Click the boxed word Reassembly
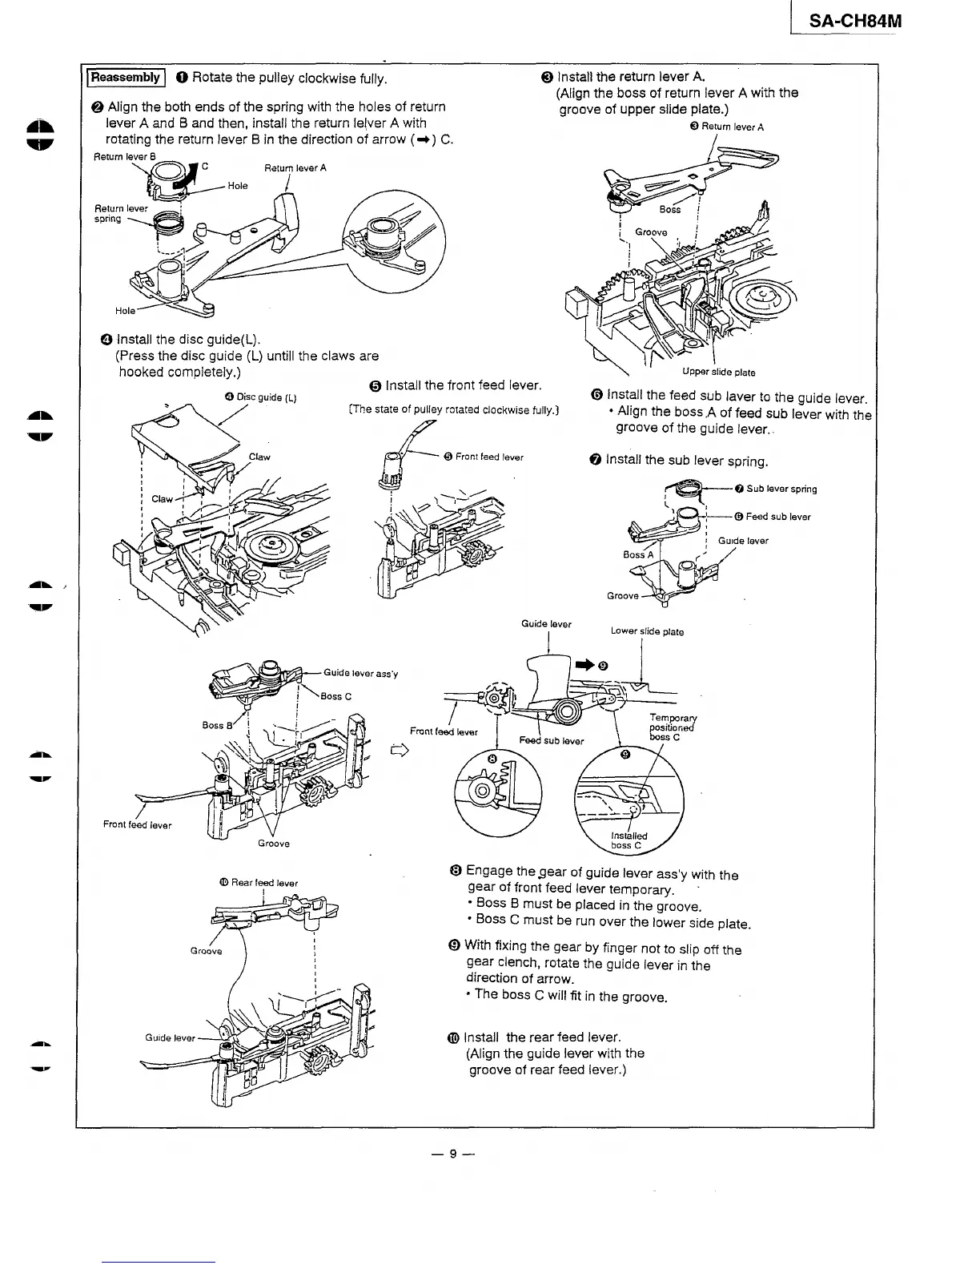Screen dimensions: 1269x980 125,78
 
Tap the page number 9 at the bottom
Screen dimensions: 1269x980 452,1154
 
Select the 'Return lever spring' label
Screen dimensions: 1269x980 120,213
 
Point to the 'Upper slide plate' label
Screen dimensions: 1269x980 718,372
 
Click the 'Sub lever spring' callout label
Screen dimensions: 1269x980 781,489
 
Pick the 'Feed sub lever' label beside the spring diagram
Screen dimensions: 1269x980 777,517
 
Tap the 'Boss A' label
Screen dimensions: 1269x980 638,554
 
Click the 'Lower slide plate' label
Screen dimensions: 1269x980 647,631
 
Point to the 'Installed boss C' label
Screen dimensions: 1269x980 629,840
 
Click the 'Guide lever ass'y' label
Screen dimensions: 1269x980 360,673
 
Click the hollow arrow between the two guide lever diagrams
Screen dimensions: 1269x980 395,751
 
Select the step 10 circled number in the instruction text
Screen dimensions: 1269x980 453,1037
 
